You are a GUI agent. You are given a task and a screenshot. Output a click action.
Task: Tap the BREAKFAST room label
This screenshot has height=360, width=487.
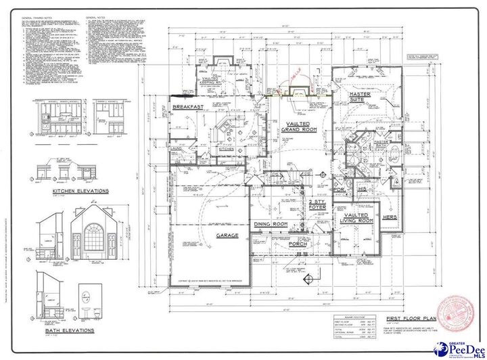(x=189, y=107)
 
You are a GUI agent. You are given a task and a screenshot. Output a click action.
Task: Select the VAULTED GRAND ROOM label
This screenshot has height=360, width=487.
(x=298, y=127)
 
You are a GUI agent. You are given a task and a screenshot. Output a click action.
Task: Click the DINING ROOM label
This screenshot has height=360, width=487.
(x=271, y=224)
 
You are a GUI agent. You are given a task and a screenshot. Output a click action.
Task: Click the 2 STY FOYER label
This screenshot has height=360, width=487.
(x=318, y=205)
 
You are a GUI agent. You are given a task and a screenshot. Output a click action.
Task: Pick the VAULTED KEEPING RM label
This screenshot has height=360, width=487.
(x=215, y=81)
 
